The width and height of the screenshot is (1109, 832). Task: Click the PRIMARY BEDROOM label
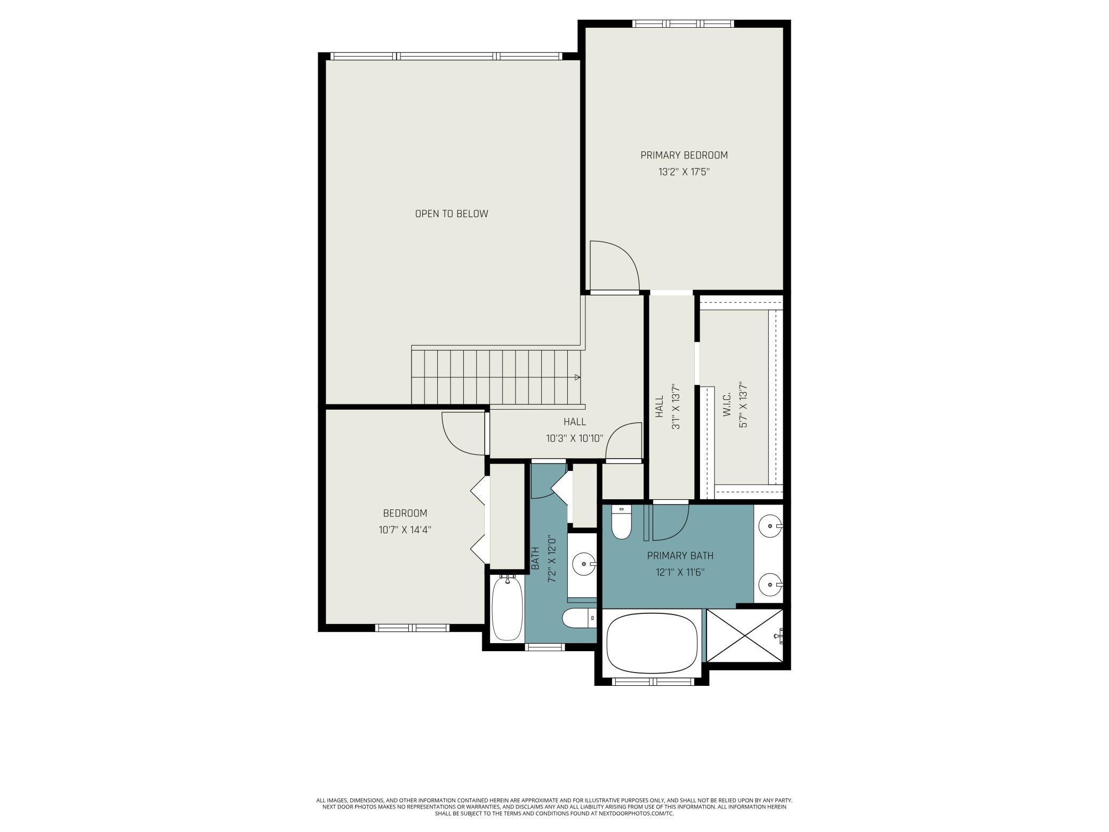click(x=684, y=155)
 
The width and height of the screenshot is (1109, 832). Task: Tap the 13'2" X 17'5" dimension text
click(x=684, y=172)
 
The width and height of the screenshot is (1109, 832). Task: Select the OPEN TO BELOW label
click(x=452, y=214)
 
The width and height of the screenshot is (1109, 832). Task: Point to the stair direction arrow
click(x=577, y=378)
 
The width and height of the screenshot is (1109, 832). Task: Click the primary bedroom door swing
click(x=613, y=266)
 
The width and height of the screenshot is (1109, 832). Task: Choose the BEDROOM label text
click(x=405, y=513)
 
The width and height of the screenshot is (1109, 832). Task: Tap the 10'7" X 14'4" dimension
click(x=405, y=530)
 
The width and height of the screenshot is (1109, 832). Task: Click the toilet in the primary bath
click(x=621, y=523)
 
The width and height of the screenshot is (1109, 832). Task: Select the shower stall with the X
click(x=745, y=636)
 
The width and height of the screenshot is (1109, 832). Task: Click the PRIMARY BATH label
click(x=680, y=556)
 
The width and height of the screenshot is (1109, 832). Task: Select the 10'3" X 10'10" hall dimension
click(x=575, y=439)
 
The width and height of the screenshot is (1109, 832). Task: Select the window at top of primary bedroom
click(x=683, y=23)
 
